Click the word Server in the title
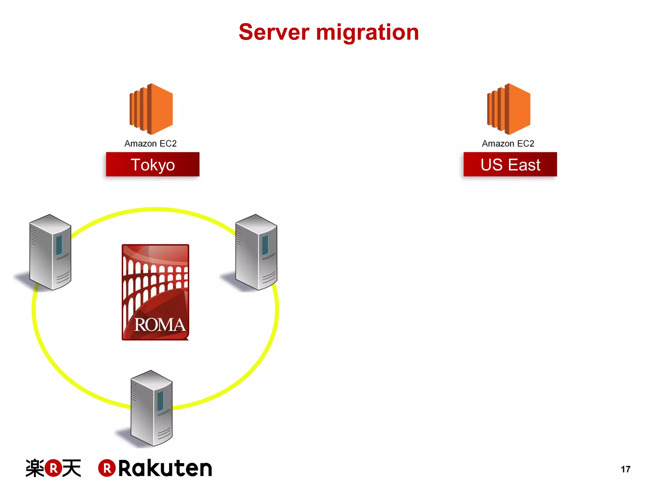(x=274, y=32)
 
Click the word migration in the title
(x=367, y=33)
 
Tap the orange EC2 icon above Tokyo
(x=151, y=109)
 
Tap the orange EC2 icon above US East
(x=509, y=109)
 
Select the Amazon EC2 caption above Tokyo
(x=150, y=143)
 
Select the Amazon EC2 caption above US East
(x=508, y=143)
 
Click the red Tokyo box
(x=153, y=164)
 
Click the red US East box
(x=510, y=164)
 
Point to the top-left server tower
(x=50, y=252)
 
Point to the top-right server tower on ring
(x=256, y=252)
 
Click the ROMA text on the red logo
(x=160, y=325)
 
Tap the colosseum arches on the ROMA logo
(x=151, y=277)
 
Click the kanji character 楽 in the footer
(x=35, y=468)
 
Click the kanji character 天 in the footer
(x=72, y=468)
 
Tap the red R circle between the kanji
(x=53, y=468)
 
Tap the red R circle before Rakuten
(x=107, y=468)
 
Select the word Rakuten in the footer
(x=165, y=468)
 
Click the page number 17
(x=625, y=469)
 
